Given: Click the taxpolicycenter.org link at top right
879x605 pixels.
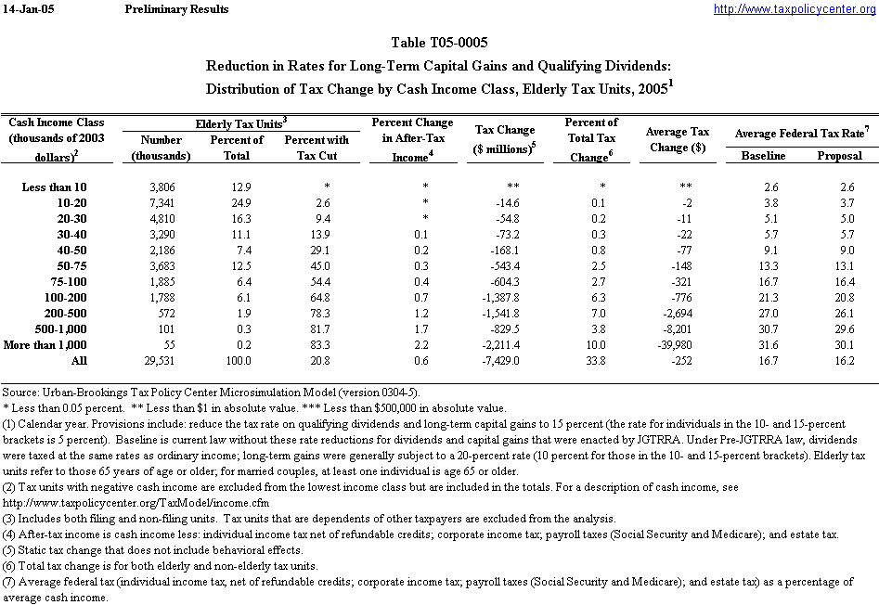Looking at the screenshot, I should (x=794, y=9).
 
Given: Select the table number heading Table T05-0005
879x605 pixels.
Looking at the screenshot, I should (x=440, y=43).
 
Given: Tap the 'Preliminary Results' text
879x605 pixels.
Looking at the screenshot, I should (x=175, y=9).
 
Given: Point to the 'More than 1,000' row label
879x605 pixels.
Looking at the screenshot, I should (x=53, y=345).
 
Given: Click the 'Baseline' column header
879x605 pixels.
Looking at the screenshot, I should (x=763, y=156).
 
